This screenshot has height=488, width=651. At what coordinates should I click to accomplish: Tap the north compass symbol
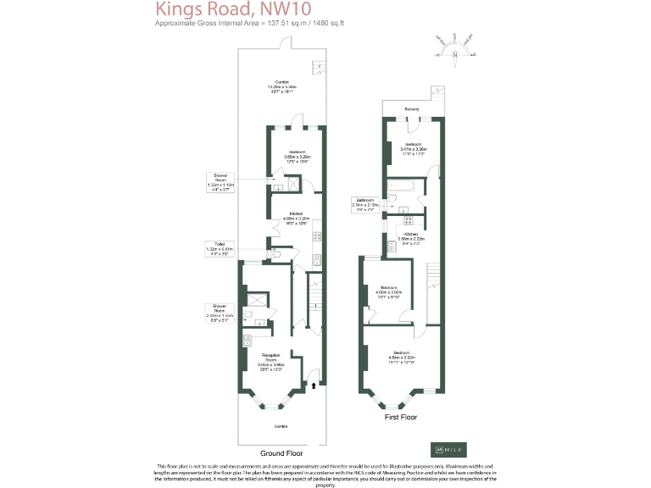[x=455, y=48]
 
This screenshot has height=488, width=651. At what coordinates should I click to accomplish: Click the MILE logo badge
[x=453, y=448]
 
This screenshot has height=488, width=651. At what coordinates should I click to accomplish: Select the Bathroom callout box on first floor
[x=366, y=204]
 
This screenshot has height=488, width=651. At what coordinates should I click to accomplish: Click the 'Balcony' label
[x=411, y=108]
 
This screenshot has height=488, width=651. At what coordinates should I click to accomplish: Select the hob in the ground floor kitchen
[x=316, y=236]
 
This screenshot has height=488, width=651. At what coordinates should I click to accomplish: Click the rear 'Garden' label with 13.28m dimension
[x=281, y=85]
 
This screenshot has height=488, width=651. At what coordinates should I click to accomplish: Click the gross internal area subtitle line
[x=236, y=24]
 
